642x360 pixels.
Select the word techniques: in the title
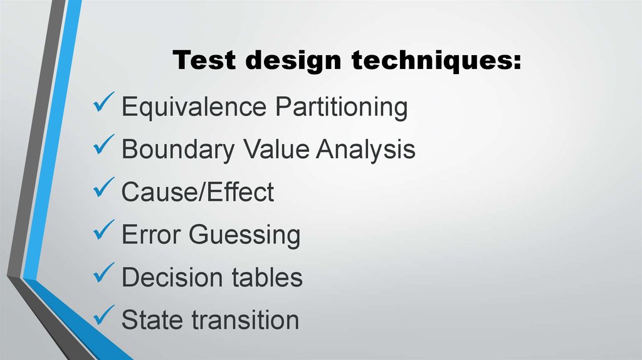pyautogui.click(x=435, y=61)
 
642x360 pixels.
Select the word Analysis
pyautogui.click(x=366, y=151)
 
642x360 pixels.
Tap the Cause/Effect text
pyautogui.click(x=197, y=192)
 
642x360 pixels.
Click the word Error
pyautogui.click(x=150, y=235)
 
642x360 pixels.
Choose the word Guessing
pyautogui.click(x=245, y=236)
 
